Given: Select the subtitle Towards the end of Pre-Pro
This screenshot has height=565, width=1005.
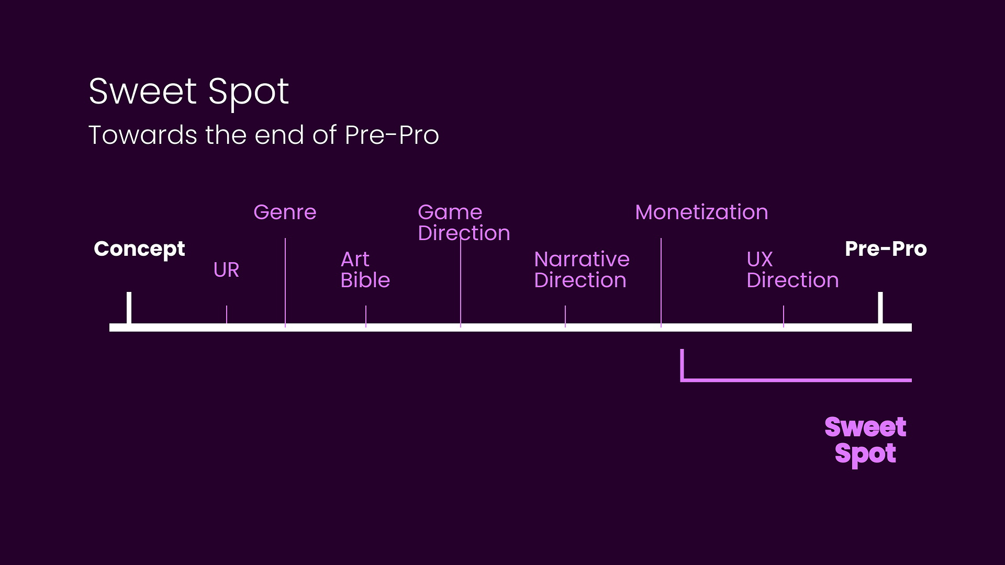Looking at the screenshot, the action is (x=264, y=135).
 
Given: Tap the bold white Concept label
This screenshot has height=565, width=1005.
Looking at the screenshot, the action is (x=139, y=250).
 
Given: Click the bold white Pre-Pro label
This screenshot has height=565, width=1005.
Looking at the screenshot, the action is (x=886, y=248).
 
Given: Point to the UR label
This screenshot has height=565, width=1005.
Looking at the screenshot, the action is (x=226, y=270).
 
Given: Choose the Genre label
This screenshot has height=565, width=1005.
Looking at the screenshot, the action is (x=285, y=212).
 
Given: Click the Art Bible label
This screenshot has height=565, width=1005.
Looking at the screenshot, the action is (x=365, y=270).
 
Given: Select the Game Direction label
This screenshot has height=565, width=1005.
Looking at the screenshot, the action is (x=464, y=223).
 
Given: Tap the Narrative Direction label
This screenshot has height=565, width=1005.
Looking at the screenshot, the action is (x=582, y=270).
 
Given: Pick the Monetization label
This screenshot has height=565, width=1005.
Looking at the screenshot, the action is (x=701, y=212).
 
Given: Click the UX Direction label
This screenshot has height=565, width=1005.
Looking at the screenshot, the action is (x=792, y=270).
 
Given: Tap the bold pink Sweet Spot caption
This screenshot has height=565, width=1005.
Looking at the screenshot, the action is (x=865, y=440).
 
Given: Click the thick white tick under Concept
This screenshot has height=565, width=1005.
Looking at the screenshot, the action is (x=129, y=308).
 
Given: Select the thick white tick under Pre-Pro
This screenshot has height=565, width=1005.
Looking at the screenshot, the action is (x=880, y=308).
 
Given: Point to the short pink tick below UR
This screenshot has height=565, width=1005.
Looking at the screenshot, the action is (x=227, y=315).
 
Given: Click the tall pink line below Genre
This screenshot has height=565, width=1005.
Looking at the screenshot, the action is (x=285, y=282).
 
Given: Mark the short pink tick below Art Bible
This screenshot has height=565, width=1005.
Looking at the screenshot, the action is (x=366, y=316).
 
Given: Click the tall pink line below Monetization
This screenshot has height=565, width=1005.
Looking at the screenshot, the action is (x=661, y=282).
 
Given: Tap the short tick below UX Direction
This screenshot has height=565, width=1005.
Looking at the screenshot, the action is (x=784, y=316).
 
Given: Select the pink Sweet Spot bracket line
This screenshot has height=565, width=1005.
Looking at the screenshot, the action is (x=796, y=380).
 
